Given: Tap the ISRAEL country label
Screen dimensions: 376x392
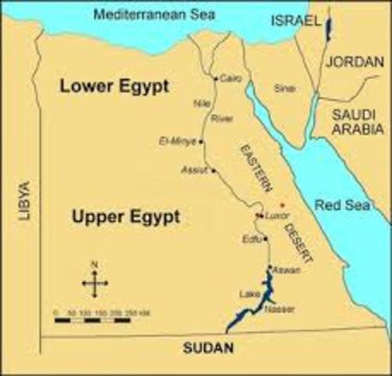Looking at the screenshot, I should tap(293, 21).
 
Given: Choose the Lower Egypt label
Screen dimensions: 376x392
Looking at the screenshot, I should tap(114, 87).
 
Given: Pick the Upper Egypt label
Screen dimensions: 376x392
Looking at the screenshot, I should tap(124, 216).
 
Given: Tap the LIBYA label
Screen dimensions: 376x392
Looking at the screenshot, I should tap(24, 200).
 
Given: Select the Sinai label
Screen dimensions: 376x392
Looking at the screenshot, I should tap(284, 89).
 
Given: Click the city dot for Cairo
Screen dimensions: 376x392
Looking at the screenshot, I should tap(216, 78).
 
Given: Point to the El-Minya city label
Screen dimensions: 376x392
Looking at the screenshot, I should tap(178, 142).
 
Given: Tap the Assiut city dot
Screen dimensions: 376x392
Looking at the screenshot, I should tap(213, 170).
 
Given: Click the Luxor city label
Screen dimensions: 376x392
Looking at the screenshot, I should tap(278, 214).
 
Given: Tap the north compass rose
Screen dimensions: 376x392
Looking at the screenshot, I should tap(95, 282).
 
